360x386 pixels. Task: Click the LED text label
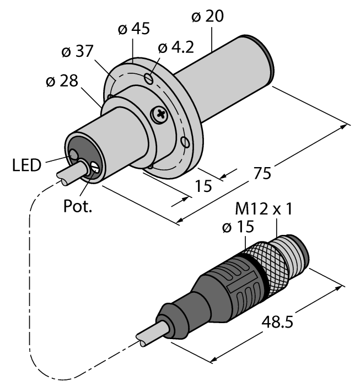point(26,164)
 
